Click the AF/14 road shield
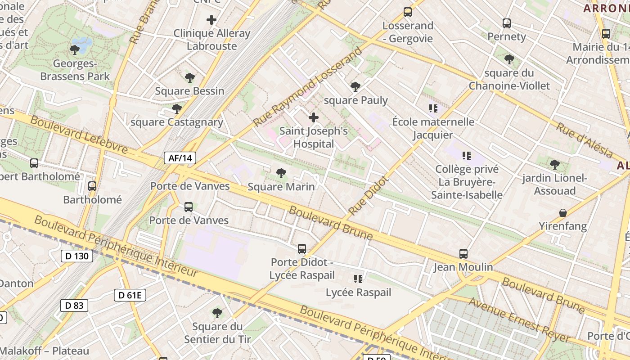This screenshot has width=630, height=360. point(180,158)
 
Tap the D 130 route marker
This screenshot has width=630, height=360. point(77,256)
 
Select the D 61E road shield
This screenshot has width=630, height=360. point(130,295)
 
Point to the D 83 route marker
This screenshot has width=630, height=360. point(74,306)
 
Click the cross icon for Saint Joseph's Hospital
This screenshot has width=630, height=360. point(314,118)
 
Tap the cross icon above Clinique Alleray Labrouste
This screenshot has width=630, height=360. point(211,20)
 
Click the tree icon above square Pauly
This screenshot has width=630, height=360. point(355,87)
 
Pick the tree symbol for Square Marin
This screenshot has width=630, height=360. point(281,173)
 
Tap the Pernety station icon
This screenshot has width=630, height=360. point(507,23)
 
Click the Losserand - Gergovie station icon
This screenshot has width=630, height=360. point(408,12)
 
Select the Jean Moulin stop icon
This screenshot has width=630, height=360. point(463,254)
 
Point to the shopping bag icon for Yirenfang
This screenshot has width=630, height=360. point(562,213)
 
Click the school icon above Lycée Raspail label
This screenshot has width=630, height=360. point(358,279)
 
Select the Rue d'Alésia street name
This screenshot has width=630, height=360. point(584,139)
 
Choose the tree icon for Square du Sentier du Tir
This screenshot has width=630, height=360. point(217,313)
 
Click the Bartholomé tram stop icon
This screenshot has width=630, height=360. point(92,186)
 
